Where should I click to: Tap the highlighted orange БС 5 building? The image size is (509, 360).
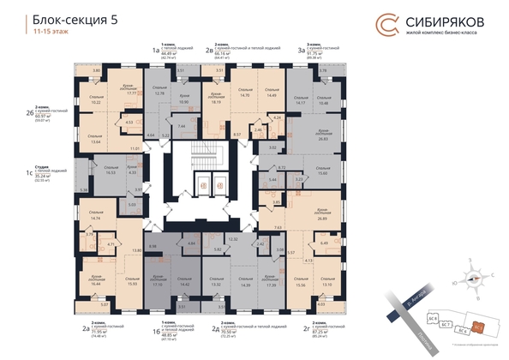pos(479,326)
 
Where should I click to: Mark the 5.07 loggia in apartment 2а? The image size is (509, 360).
pos(104,305)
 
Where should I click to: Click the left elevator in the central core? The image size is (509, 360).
pos(204,185)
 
